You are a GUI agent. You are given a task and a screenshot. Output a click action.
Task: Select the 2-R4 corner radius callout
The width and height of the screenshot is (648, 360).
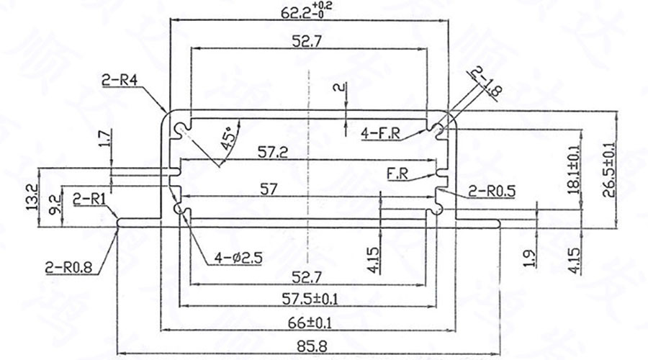(x=120, y=81)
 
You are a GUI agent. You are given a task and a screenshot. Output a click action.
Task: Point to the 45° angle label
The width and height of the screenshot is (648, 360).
(x=229, y=138)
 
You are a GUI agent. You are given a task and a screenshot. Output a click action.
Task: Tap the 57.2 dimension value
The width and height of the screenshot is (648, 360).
(x=273, y=152)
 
